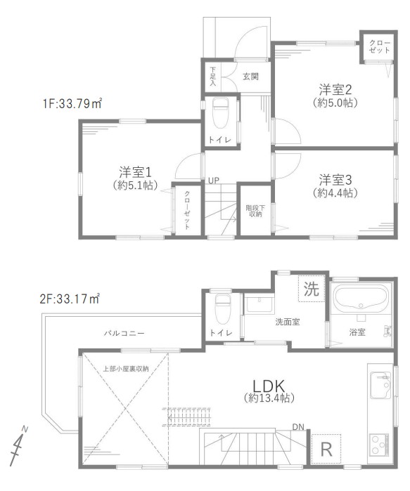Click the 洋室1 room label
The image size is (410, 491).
[136, 172]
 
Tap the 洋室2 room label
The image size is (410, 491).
[335, 90]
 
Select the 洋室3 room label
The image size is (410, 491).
[335, 180]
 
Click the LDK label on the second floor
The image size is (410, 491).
[269, 386]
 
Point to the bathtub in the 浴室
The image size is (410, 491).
[361, 298]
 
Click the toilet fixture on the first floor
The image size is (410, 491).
[220, 113]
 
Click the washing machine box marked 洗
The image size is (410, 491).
[312, 289]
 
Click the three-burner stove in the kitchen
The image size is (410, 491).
[379, 445]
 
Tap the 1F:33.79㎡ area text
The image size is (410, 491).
[72, 103]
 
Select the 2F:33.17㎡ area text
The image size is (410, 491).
[70, 299]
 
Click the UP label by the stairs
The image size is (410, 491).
[214, 181]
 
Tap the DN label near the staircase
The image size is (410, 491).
[298, 426]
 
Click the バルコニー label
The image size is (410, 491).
[124, 333]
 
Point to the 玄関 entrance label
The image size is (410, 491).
[250, 77]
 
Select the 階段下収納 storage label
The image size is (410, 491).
[255, 211]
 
